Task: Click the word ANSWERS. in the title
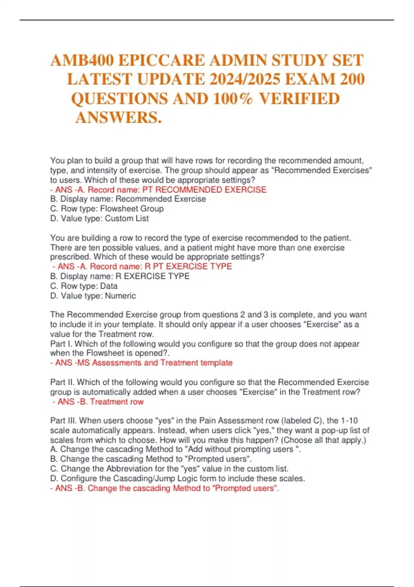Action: tap(118, 118)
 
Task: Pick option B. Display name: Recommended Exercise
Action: tap(128, 199)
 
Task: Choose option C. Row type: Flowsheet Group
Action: tap(107, 209)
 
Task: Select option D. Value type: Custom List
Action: tap(99, 218)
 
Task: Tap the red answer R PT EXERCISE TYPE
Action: tap(142, 266)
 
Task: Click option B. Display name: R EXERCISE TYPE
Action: tap(120, 276)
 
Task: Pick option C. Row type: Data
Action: tap(84, 286)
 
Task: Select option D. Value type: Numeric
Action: tap(93, 296)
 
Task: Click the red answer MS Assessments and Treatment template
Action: tap(141, 363)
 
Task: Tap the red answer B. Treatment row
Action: tap(98, 402)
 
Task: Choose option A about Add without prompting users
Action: tap(175, 449)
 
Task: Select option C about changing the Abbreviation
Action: tap(169, 469)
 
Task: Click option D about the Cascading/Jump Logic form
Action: tap(177, 478)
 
